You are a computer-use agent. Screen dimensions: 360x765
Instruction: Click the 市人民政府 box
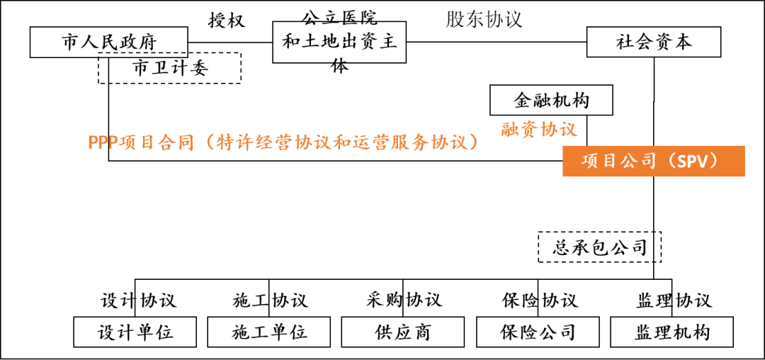coord(108,42)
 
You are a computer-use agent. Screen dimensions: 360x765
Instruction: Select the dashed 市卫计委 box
coord(170,69)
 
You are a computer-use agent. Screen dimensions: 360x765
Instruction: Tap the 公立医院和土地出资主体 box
coord(339,42)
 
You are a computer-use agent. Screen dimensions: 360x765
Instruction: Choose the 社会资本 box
coord(653,42)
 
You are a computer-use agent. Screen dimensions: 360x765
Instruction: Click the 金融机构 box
coord(551,101)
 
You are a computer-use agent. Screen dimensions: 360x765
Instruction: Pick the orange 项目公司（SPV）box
coord(653,161)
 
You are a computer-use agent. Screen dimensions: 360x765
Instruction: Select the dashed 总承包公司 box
coord(599,247)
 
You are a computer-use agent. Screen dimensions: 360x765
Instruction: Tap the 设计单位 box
coord(135,332)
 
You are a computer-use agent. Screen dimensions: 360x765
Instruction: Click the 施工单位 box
coord(269,332)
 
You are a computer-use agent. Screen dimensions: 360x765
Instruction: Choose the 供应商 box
coord(402,332)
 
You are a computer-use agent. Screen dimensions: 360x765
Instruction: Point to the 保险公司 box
coord(537,332)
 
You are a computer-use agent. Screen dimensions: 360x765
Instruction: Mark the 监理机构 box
coord(671,332)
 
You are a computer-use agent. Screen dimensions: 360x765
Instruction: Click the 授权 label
coord(226,20)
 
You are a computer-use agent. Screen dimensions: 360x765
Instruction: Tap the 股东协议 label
coord(484,19)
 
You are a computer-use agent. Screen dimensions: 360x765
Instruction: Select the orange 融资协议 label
coord(538,129)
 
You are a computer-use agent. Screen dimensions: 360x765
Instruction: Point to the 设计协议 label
coord(138,300)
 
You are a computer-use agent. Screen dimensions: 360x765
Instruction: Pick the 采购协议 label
coord(404,300)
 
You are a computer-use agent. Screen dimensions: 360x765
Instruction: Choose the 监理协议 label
coord(674,300)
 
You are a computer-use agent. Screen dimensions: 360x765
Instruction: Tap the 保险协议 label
coord(539,300)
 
